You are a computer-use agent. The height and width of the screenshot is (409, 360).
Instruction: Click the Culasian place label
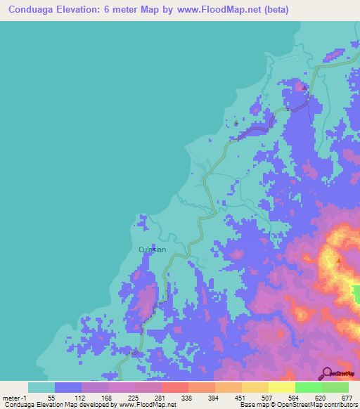(x=151, y=249)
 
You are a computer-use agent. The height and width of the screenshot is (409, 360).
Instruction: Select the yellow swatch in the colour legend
(x=281, y=387)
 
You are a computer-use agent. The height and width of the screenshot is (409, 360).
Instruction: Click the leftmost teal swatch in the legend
(x=41, y=387)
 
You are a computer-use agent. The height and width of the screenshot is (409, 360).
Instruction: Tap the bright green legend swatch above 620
(x=308, y=387)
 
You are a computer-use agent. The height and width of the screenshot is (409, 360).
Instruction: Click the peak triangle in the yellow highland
(x=340, y=260)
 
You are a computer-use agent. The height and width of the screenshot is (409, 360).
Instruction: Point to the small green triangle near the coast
(x=236, y=124)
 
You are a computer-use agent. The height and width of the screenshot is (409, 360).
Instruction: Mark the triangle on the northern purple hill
(x=304, y=87)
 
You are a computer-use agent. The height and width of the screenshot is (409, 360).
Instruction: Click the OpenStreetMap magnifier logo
(x=327, y=373)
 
